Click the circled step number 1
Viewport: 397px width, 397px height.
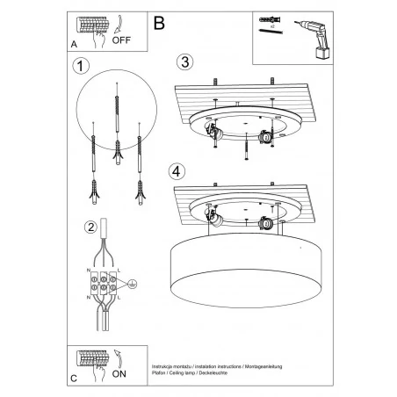tap(82, 66)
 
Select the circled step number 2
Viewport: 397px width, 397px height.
tap(90, 228)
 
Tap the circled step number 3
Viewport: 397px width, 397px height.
tap(184, 61)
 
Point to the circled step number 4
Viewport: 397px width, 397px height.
tap(178, 170)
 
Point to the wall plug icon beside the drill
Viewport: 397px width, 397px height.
tap(269, 18)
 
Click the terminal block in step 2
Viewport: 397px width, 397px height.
tap(105, 285)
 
